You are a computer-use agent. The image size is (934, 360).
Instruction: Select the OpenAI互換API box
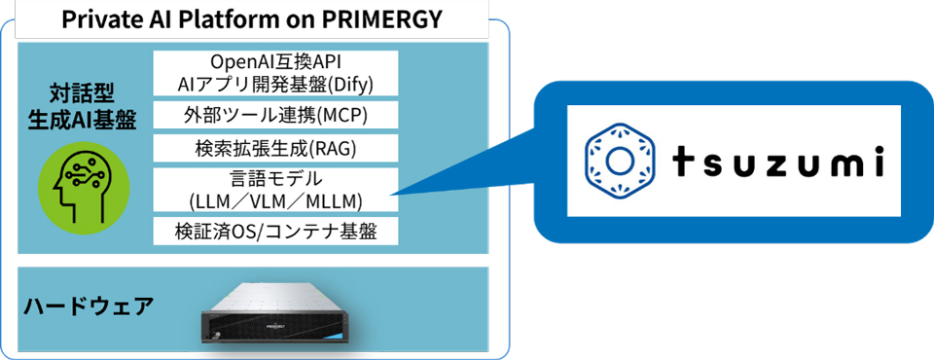pos(275,73)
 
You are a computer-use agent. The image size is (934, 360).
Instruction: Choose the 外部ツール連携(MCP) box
pos(275,115)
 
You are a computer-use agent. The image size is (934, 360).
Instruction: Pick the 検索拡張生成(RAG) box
pos(275,148)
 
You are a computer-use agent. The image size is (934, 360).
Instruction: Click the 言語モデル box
pos(275,190)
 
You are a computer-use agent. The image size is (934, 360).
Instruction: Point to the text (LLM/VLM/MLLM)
pos(275,201)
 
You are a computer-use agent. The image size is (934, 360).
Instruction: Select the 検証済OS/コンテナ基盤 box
pos(275,231)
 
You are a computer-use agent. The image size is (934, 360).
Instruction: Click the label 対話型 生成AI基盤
pos(83,107)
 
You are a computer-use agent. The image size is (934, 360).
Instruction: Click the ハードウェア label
pos(89,306)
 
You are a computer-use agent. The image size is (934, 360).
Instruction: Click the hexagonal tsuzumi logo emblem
pos(620,161)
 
